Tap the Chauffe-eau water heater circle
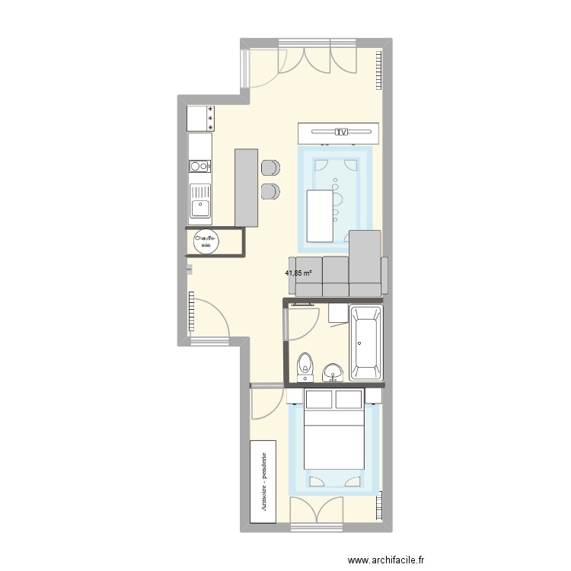point(206,241)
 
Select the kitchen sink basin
point(200,204)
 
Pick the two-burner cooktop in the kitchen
point(199,165)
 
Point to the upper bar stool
point(270,168)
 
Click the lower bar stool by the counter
point(270,191)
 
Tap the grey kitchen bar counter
point(246,187)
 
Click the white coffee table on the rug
point(322,215)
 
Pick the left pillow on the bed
point(319,400)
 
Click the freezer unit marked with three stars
point(199,119)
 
